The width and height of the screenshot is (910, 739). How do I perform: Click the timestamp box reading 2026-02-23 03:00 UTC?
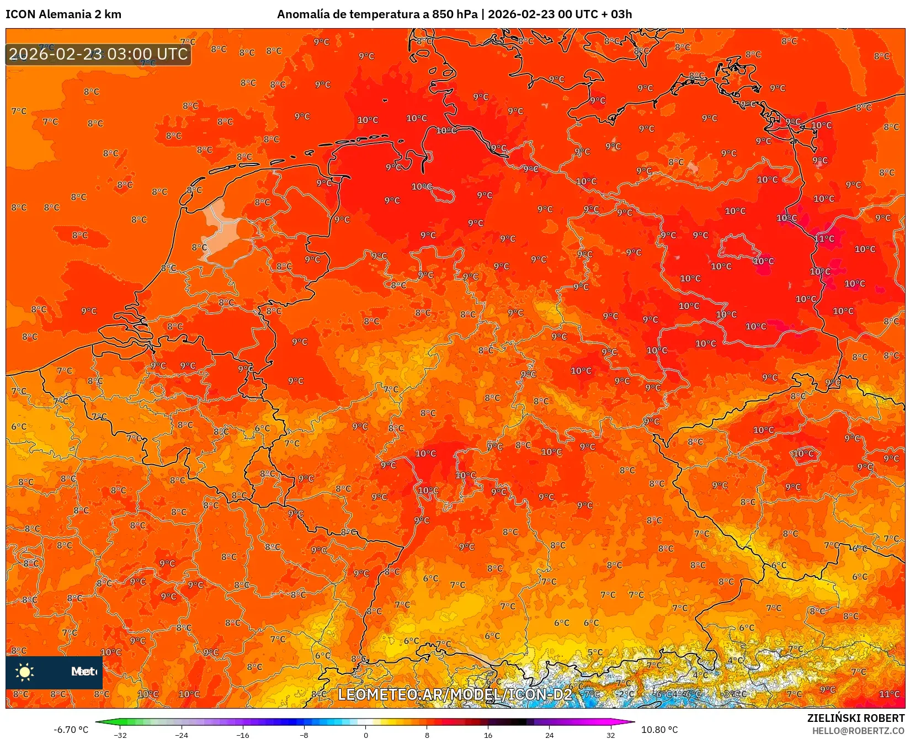pos(98,54)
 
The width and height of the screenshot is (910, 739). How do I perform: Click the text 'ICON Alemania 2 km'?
pos(63,14)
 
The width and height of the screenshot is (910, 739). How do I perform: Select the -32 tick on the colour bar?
pos(120,735)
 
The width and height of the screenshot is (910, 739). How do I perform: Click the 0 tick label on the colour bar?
pos(365,735)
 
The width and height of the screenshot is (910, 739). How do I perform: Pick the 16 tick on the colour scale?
pos(488,735)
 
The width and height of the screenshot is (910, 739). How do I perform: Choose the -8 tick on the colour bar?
pos(304,735)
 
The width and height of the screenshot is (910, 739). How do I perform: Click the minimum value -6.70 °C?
pos(71,730)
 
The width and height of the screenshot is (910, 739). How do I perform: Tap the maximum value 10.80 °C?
pos(659,730)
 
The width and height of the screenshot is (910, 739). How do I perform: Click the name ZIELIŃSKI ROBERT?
pos(856,718)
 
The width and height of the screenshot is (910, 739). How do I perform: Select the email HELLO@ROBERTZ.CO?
pos(858,731)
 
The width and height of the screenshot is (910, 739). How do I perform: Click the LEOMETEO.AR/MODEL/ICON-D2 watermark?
pos(455,694)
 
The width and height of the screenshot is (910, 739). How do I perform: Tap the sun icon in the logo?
pos(25,672)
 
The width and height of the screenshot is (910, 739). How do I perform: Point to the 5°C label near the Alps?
pos(595,652)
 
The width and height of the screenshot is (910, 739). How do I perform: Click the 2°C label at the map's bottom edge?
pos(626,694)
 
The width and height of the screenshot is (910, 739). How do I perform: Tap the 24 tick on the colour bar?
pos(549,735)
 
